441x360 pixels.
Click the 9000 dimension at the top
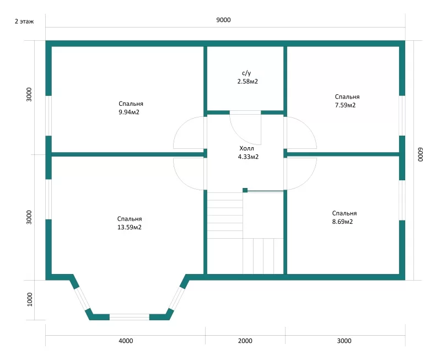tap(223, 20)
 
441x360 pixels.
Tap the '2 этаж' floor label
tap(24, 22)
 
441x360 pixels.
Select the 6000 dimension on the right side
tap(420, 154)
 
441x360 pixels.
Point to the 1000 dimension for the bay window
tap(30, 299)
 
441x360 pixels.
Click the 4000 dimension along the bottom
tap(126, 341)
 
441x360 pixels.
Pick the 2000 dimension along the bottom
tap(245, 341)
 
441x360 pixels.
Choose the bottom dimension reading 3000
tap(344, 341)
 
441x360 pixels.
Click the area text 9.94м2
tap(129, 112)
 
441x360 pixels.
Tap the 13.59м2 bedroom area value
tap(130, 227)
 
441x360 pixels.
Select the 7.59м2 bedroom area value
tap(345, 105)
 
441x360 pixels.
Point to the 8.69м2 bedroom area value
tap(342, 222)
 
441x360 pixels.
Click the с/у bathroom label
tap(246, 73)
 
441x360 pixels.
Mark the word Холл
tap(246, 148)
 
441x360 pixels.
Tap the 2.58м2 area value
tap(248, 82)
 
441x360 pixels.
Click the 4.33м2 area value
tap(248, 157)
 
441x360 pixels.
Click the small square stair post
tap(245, 190)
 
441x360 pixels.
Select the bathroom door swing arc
tap(240, 135)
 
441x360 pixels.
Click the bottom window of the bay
tap(130, 317)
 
